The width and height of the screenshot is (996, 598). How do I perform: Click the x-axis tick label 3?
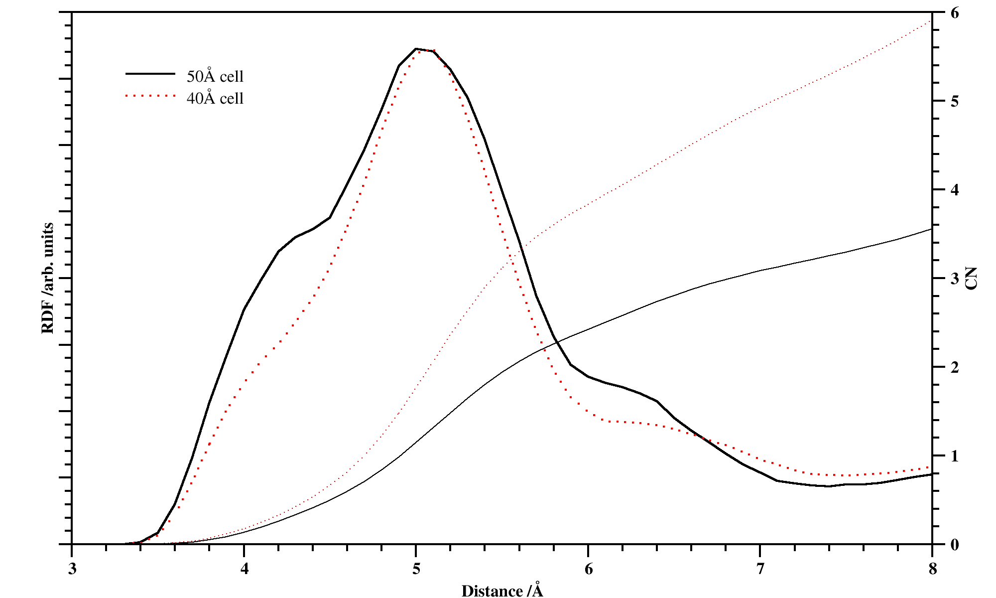click(72, 569)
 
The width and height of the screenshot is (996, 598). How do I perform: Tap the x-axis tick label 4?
click(244, 569)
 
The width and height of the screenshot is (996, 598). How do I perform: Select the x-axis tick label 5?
click(416, 569)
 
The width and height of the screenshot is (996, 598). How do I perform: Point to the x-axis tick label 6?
click(589, 569)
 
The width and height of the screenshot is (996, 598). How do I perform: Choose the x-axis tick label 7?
click(760, 569)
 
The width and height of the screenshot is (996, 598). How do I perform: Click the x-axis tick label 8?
click(932, 569)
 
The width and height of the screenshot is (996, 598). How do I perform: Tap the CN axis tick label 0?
click(955, 545)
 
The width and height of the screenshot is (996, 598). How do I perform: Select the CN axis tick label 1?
click(955, 456)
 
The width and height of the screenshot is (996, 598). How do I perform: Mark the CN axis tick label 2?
click(955, 367)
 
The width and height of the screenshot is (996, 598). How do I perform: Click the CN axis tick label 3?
click(955, 279)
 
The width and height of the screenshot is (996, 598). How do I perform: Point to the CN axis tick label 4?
click(955, 190)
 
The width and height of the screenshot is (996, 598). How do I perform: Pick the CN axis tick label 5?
click(955, 101)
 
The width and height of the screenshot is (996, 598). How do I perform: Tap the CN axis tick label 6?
click(955, 13)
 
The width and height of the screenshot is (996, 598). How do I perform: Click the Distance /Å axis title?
click(502, 591)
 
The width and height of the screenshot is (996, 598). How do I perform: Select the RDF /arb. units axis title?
click(48, 278)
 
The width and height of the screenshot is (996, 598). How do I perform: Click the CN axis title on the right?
click(972, 278)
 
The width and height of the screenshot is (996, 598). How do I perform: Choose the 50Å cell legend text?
click(215, 76)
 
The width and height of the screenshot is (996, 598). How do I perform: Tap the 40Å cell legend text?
click(215, 98)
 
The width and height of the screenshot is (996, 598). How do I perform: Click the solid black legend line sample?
click(150, 74)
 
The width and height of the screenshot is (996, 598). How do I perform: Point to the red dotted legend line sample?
click(150, 96)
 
